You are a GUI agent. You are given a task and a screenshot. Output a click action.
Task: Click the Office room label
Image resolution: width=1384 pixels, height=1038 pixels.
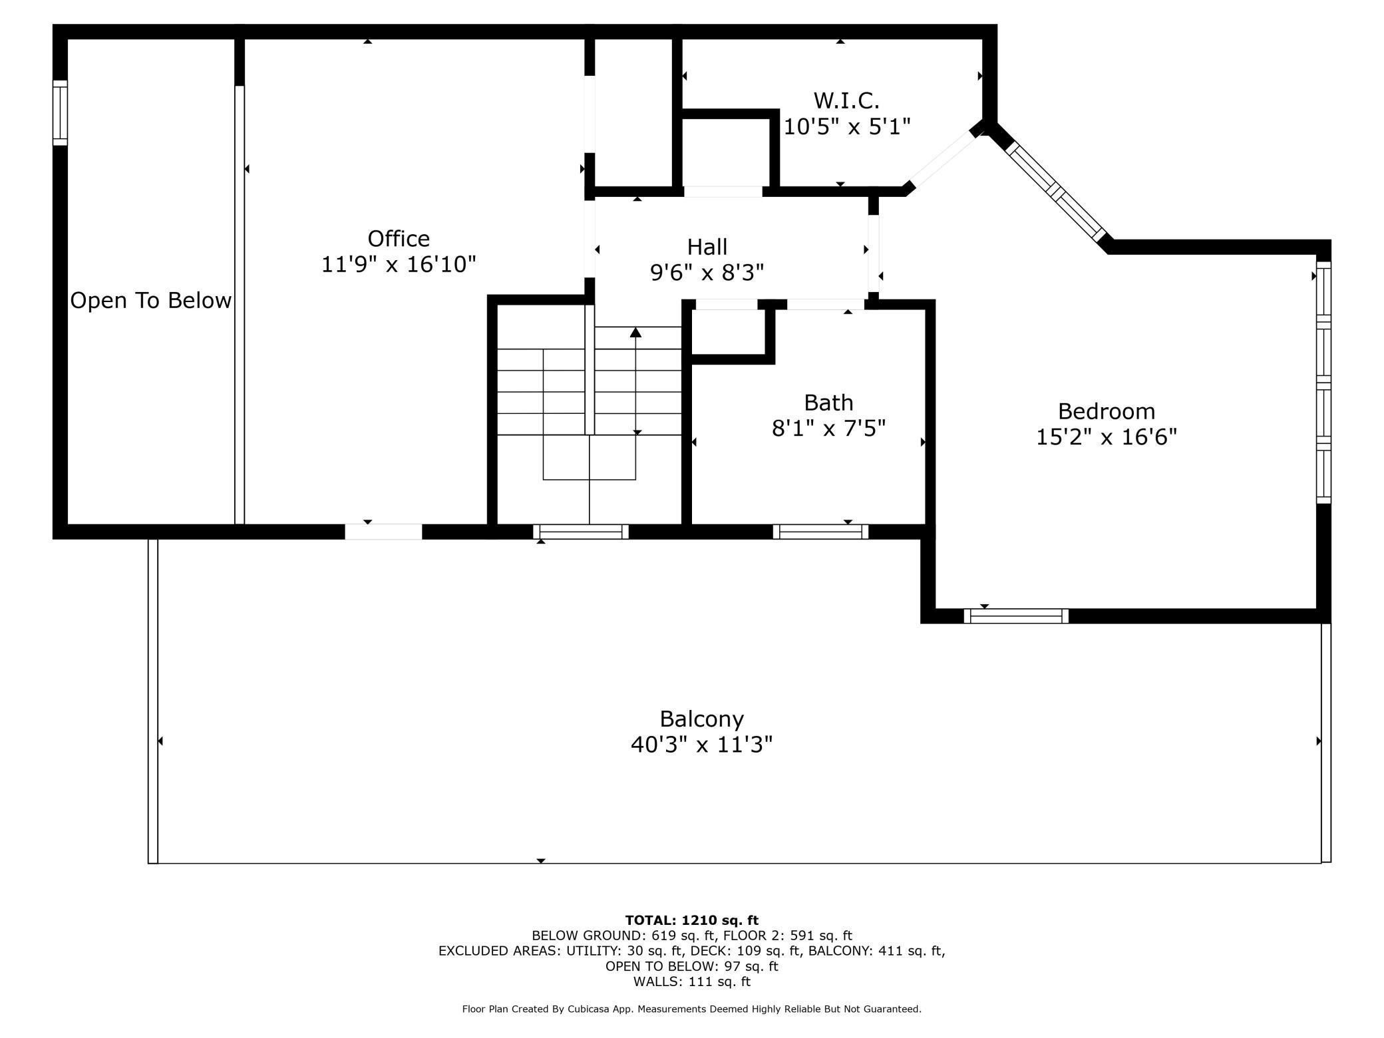tap(399, 239)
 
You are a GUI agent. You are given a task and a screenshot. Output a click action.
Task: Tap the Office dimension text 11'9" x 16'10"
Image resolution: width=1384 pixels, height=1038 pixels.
tap(399, 265)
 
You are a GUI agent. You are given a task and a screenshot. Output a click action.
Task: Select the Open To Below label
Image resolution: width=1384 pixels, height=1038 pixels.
tap(151, 301)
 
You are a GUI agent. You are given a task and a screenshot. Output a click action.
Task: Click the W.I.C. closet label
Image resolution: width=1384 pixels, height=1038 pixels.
tap(846, 101)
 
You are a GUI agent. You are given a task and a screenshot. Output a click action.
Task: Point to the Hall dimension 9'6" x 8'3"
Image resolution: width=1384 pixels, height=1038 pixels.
tap(707, 273)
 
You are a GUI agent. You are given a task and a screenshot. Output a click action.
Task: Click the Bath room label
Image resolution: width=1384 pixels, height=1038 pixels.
tap(828, 403)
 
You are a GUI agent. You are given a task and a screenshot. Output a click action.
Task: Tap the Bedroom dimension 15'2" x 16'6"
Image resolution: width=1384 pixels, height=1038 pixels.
tap(1107, 437)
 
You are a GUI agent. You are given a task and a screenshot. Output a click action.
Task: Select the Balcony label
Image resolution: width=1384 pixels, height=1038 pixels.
tap(701, 719)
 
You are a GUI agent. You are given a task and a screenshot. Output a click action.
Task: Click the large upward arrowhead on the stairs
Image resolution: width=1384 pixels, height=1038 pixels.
tap(636, 332)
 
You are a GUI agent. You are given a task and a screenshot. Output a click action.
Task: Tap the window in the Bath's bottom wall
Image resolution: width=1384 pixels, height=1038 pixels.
tap(820, 532)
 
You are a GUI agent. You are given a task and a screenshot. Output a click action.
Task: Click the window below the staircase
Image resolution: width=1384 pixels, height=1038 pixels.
tap(581, 532)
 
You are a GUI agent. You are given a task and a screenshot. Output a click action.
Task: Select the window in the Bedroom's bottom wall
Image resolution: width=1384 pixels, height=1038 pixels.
tap(1016, 616)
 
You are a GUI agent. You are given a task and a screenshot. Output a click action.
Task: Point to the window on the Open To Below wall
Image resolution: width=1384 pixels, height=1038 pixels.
tap(60, 112)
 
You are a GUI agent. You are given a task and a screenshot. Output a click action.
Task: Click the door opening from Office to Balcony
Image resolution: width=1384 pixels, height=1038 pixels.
tap(383, 532)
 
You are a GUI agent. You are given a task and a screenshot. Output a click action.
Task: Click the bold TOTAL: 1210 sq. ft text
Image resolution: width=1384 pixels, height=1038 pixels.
tap(691, 920)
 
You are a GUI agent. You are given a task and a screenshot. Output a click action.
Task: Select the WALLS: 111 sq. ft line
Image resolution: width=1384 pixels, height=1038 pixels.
tap(691, 981)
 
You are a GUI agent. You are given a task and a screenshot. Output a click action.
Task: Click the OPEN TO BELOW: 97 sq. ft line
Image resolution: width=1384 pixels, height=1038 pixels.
tap(691, 966)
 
